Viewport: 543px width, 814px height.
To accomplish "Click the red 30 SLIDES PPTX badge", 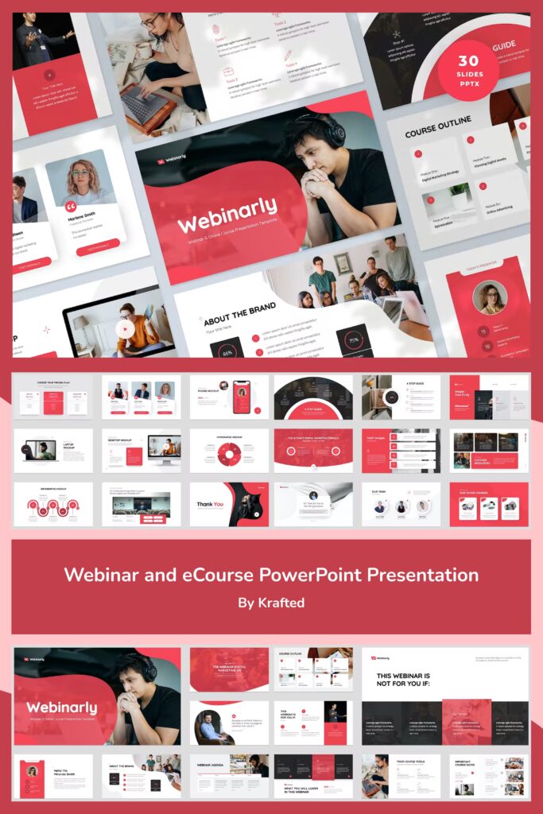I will (468, 70).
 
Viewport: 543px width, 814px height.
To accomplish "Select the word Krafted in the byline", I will (281, 603).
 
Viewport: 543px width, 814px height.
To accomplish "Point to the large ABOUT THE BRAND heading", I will (239, 313).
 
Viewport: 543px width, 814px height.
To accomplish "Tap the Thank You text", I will (211, 504).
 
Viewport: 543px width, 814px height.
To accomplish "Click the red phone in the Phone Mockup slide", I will (241, 397).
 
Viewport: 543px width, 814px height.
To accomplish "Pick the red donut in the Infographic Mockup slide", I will (229, 454).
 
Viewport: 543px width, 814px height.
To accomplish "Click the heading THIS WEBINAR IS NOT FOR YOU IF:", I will (412, 680).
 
